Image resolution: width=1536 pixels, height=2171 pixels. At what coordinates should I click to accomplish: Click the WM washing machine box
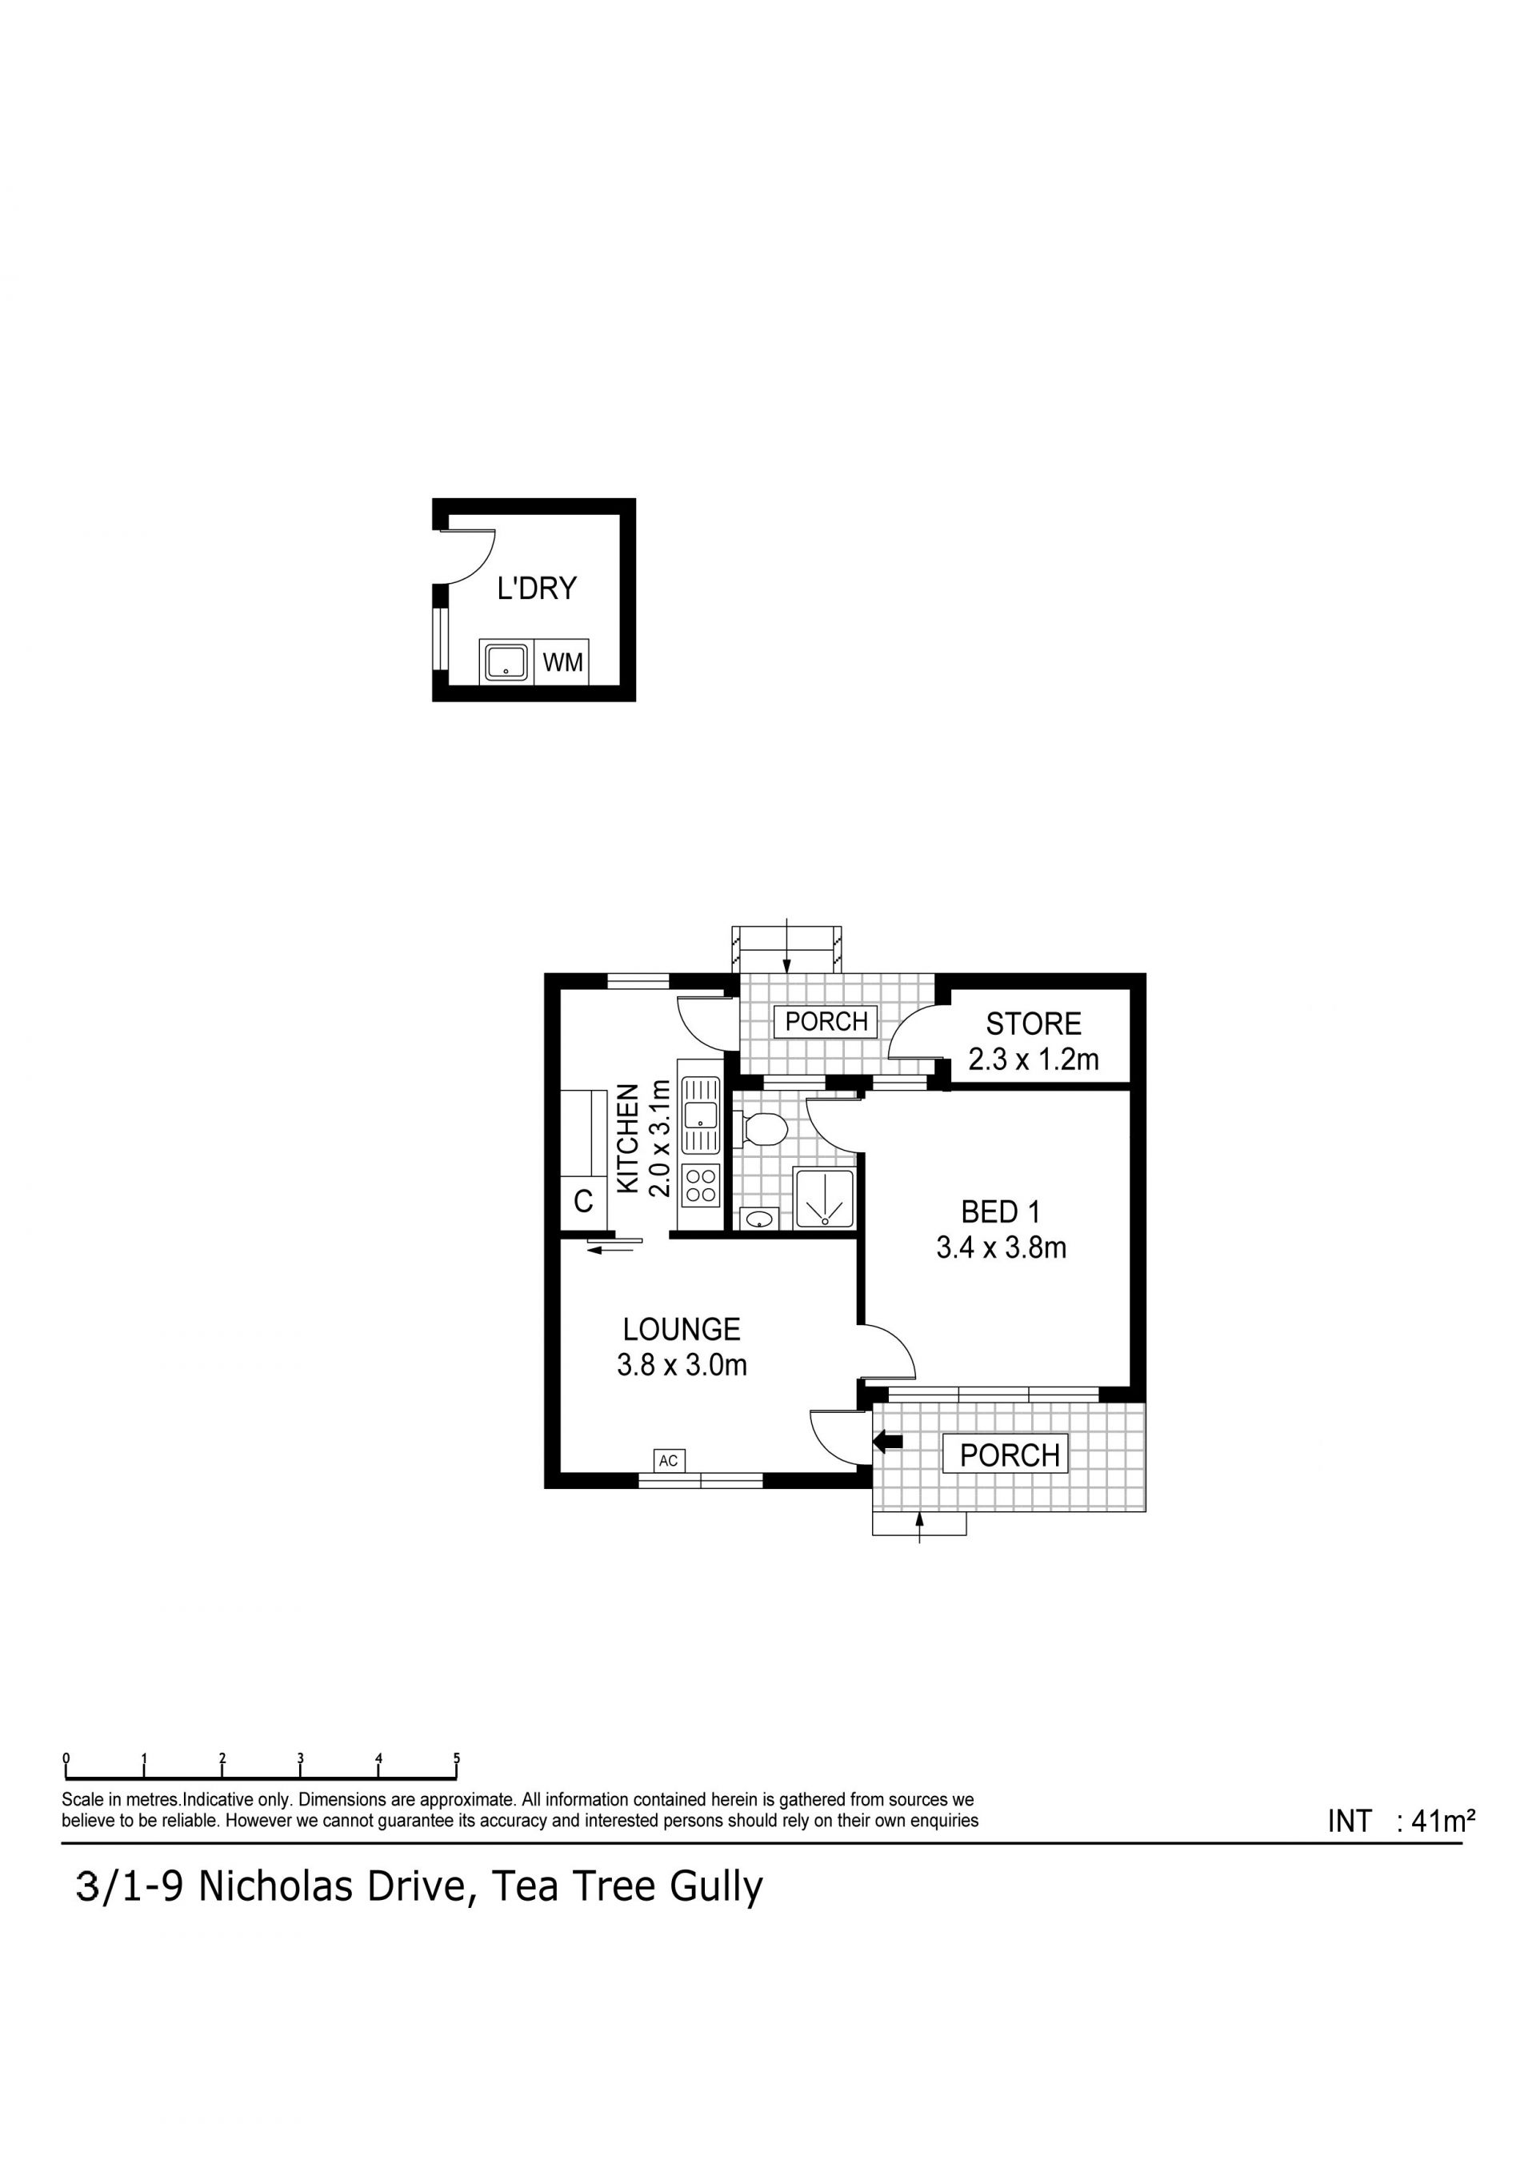coord(562,662)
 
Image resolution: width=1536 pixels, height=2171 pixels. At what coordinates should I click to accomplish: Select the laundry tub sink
coord(506,662)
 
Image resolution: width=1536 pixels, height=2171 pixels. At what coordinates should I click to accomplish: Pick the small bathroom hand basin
coord(758,1219)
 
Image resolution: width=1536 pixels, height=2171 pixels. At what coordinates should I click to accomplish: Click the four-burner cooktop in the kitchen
coord(701,1186)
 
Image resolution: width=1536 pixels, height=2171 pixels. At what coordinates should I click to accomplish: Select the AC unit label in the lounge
coord(669,1461)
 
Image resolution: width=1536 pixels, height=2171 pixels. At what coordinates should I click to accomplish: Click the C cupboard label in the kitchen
coord(583,1202)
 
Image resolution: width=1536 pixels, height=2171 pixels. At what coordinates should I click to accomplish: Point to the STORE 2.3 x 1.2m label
coord(1034,1041)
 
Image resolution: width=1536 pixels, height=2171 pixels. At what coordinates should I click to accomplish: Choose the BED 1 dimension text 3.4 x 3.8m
coord(1002,1248)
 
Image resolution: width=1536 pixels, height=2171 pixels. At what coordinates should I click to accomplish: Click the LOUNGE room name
coord(681,1330)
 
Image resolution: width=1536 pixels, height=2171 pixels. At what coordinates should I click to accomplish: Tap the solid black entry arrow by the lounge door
coord(888,1442)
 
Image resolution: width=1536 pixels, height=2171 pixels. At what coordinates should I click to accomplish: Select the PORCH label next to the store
coord(826,1021)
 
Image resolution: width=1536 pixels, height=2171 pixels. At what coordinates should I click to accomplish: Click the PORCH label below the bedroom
coord(1009,1455)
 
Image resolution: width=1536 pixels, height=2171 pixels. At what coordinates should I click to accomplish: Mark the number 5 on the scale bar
coord(457,1758)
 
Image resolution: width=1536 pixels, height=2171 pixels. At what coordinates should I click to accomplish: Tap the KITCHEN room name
coord(626,1139)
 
